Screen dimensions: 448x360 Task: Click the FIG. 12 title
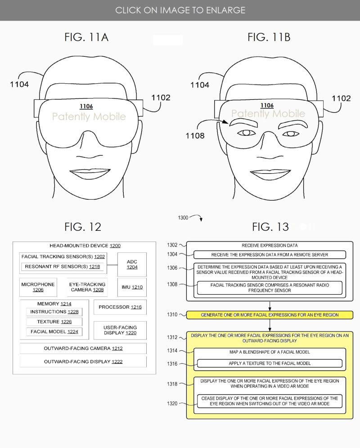click(83, 227)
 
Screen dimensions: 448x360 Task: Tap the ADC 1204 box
click(132, 264)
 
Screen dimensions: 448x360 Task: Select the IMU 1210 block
click(132, 287)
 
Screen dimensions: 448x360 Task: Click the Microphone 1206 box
click(38, 287)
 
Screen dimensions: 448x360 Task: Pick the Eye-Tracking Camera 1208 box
click(87, 287)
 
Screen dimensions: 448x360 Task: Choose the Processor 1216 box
click(120, 307)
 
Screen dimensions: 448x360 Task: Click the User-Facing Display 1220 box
click(120, 330)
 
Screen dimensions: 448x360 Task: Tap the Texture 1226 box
click(54, 322)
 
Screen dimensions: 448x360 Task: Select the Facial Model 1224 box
click(54, 332)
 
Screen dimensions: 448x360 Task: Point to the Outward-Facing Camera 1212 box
click(83, 349)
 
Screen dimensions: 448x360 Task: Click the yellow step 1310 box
click(270, 315)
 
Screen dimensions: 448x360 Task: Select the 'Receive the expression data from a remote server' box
click(270, 255)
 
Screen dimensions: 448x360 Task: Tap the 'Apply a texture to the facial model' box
click(270, 363)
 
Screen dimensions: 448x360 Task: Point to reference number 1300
click(183, 218)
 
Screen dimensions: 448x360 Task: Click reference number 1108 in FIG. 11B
click(195, 135)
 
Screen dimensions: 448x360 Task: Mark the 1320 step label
click(172, 403)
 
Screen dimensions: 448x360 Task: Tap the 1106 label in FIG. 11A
click(86, 106)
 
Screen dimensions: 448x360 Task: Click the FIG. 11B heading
click(269, 37)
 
